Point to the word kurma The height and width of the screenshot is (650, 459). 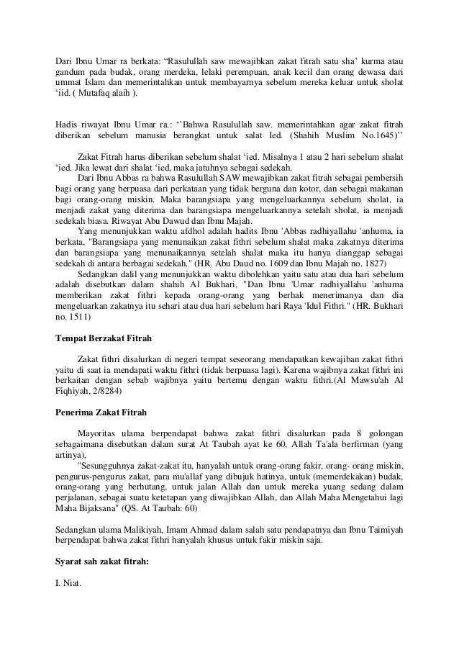(x=371, y=59)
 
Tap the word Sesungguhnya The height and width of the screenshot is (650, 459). (x=115, y=466)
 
